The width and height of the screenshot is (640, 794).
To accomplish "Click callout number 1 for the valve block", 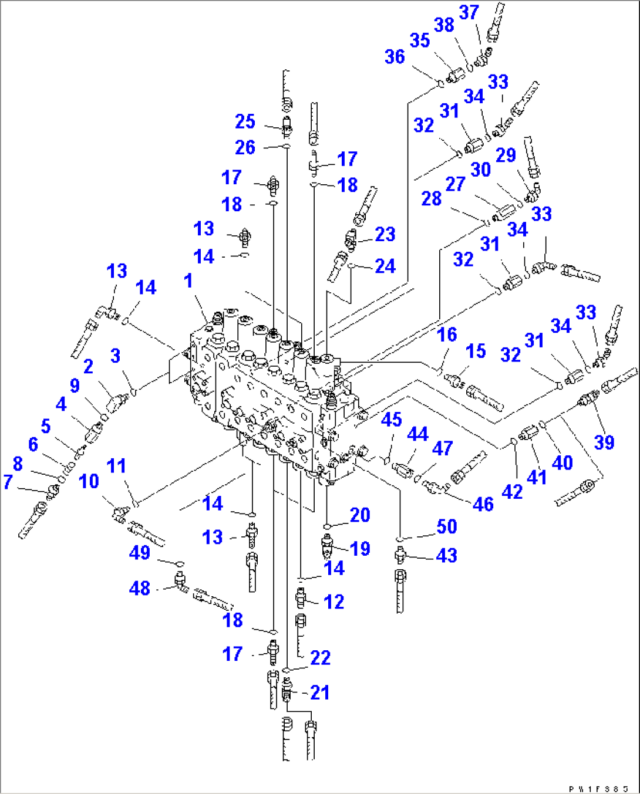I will pos(188,281).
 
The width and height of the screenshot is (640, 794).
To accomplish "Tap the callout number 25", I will pos(245,121).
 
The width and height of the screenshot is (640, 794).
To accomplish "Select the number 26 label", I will pos(245,147).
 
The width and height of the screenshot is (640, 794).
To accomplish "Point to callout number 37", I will pos(469,12).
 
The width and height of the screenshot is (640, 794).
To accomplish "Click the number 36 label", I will pos(395,57).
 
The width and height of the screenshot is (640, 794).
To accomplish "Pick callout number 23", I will pos(385,235).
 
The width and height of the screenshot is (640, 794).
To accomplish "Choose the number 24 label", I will pos(385,266).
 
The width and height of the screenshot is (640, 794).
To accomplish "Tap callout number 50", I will pos(446,526).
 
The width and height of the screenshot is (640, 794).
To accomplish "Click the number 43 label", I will pos(446,556).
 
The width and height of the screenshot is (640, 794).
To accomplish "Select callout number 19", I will pos(360,549).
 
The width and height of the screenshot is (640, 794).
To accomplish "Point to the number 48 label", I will pos(140,588).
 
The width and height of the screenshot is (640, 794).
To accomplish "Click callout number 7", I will pos(8,482).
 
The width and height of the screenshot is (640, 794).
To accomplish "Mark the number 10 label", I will pos(89,482).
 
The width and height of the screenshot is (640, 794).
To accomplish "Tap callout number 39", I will pos(604,442).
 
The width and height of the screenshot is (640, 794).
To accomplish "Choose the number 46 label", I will pos(483,504).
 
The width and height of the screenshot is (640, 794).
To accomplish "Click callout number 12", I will pos(334,602).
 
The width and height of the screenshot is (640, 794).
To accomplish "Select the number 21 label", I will pos(319,692).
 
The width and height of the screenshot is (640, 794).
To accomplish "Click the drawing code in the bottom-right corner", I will pos(602,789).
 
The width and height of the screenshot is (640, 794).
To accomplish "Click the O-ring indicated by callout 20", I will pos(327,526).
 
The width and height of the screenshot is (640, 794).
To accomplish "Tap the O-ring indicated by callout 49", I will pos(180,563).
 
